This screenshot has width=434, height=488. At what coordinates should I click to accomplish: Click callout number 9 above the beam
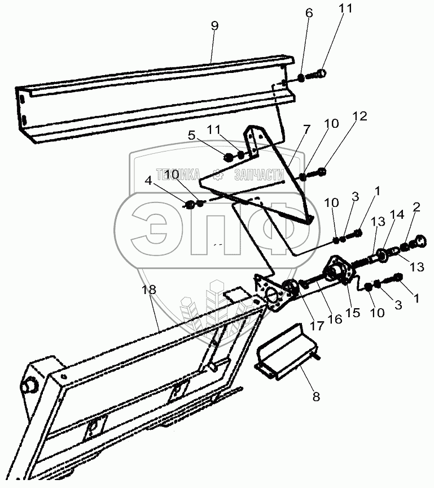coord(214,26)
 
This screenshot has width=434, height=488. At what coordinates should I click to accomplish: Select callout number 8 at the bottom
coord(315,396)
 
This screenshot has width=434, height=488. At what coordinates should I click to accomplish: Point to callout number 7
coord(306,130)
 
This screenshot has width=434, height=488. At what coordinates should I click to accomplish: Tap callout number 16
coord(334,320)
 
